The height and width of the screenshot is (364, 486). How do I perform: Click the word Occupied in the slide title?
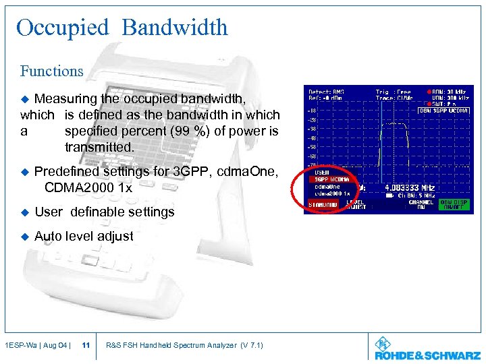62,28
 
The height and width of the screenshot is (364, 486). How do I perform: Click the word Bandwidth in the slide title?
175,28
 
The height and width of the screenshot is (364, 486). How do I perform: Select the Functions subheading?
51,71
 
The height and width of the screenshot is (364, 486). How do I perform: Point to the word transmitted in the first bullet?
100,147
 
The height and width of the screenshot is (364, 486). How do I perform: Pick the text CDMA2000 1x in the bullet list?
88,187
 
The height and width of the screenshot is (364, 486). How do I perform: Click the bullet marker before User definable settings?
26,212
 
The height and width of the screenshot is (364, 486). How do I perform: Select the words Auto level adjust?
84,236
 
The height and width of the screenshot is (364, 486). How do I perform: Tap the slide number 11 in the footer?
86,346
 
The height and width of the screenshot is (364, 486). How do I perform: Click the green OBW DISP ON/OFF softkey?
456,204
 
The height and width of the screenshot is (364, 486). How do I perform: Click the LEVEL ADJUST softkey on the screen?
358,204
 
